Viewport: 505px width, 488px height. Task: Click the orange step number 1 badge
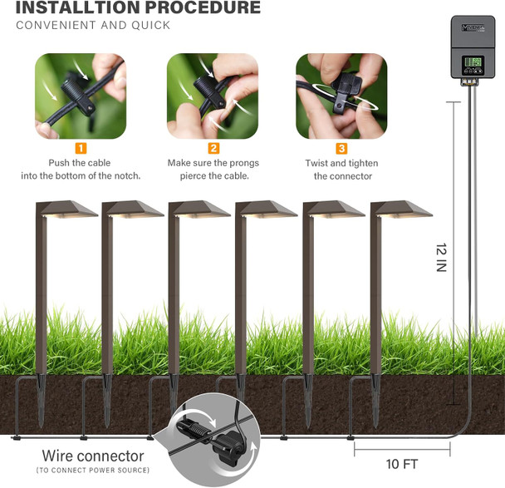pos(81,149)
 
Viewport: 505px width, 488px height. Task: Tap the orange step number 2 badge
pos(213,149)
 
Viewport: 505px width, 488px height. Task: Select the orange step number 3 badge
pos(341,149)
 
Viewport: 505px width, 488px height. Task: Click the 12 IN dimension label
pos(442,258)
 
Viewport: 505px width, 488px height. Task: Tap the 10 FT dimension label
pos(403,463)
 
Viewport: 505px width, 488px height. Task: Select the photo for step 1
pos(81,96)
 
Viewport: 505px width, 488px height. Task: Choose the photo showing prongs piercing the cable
pos(212,96)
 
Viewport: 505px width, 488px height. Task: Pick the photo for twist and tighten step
pos(341,96)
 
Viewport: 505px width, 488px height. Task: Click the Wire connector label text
pos(93,456)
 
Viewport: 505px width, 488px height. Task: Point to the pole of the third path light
pos(174,299)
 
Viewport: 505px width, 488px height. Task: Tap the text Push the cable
pos(81,163)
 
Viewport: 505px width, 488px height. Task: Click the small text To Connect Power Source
pos(93,471)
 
